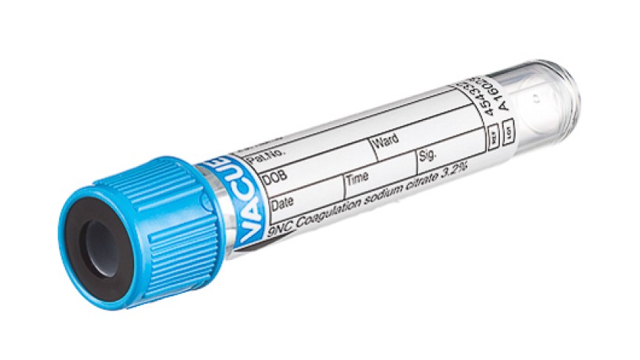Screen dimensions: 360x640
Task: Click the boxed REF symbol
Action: [x=493, y=138]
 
